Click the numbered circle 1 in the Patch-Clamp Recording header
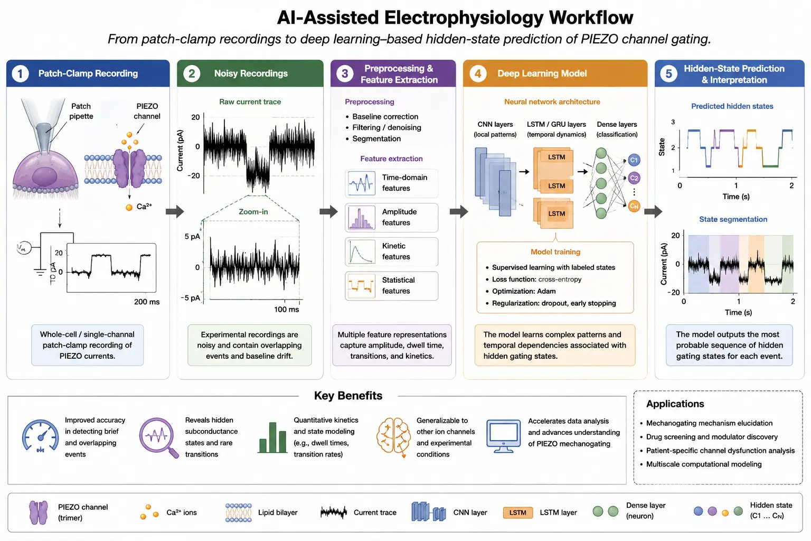pos(20,73)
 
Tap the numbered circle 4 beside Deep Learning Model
pos(478,73)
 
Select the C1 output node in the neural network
pos(634,160)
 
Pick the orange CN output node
pos(634,206)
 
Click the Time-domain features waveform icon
pos(361,183)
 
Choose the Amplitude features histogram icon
pos(361,218)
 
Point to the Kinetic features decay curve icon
pos(361,251)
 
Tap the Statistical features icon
pos(361,285)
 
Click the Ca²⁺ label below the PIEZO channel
pos(144,207)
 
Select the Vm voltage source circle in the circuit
pos(24,248)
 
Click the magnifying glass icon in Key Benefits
pos(158,438)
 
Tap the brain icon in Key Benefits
pos(393,436)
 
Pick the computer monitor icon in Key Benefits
pos(503,436)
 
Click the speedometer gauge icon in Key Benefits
pos(40,436)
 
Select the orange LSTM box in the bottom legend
pos(518,512)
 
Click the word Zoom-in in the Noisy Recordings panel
pos(253,212)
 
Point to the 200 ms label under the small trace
pos(147,302)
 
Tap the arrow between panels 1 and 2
pos(175,211)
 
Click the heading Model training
pos(555,252)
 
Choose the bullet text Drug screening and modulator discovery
pos(712,436)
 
